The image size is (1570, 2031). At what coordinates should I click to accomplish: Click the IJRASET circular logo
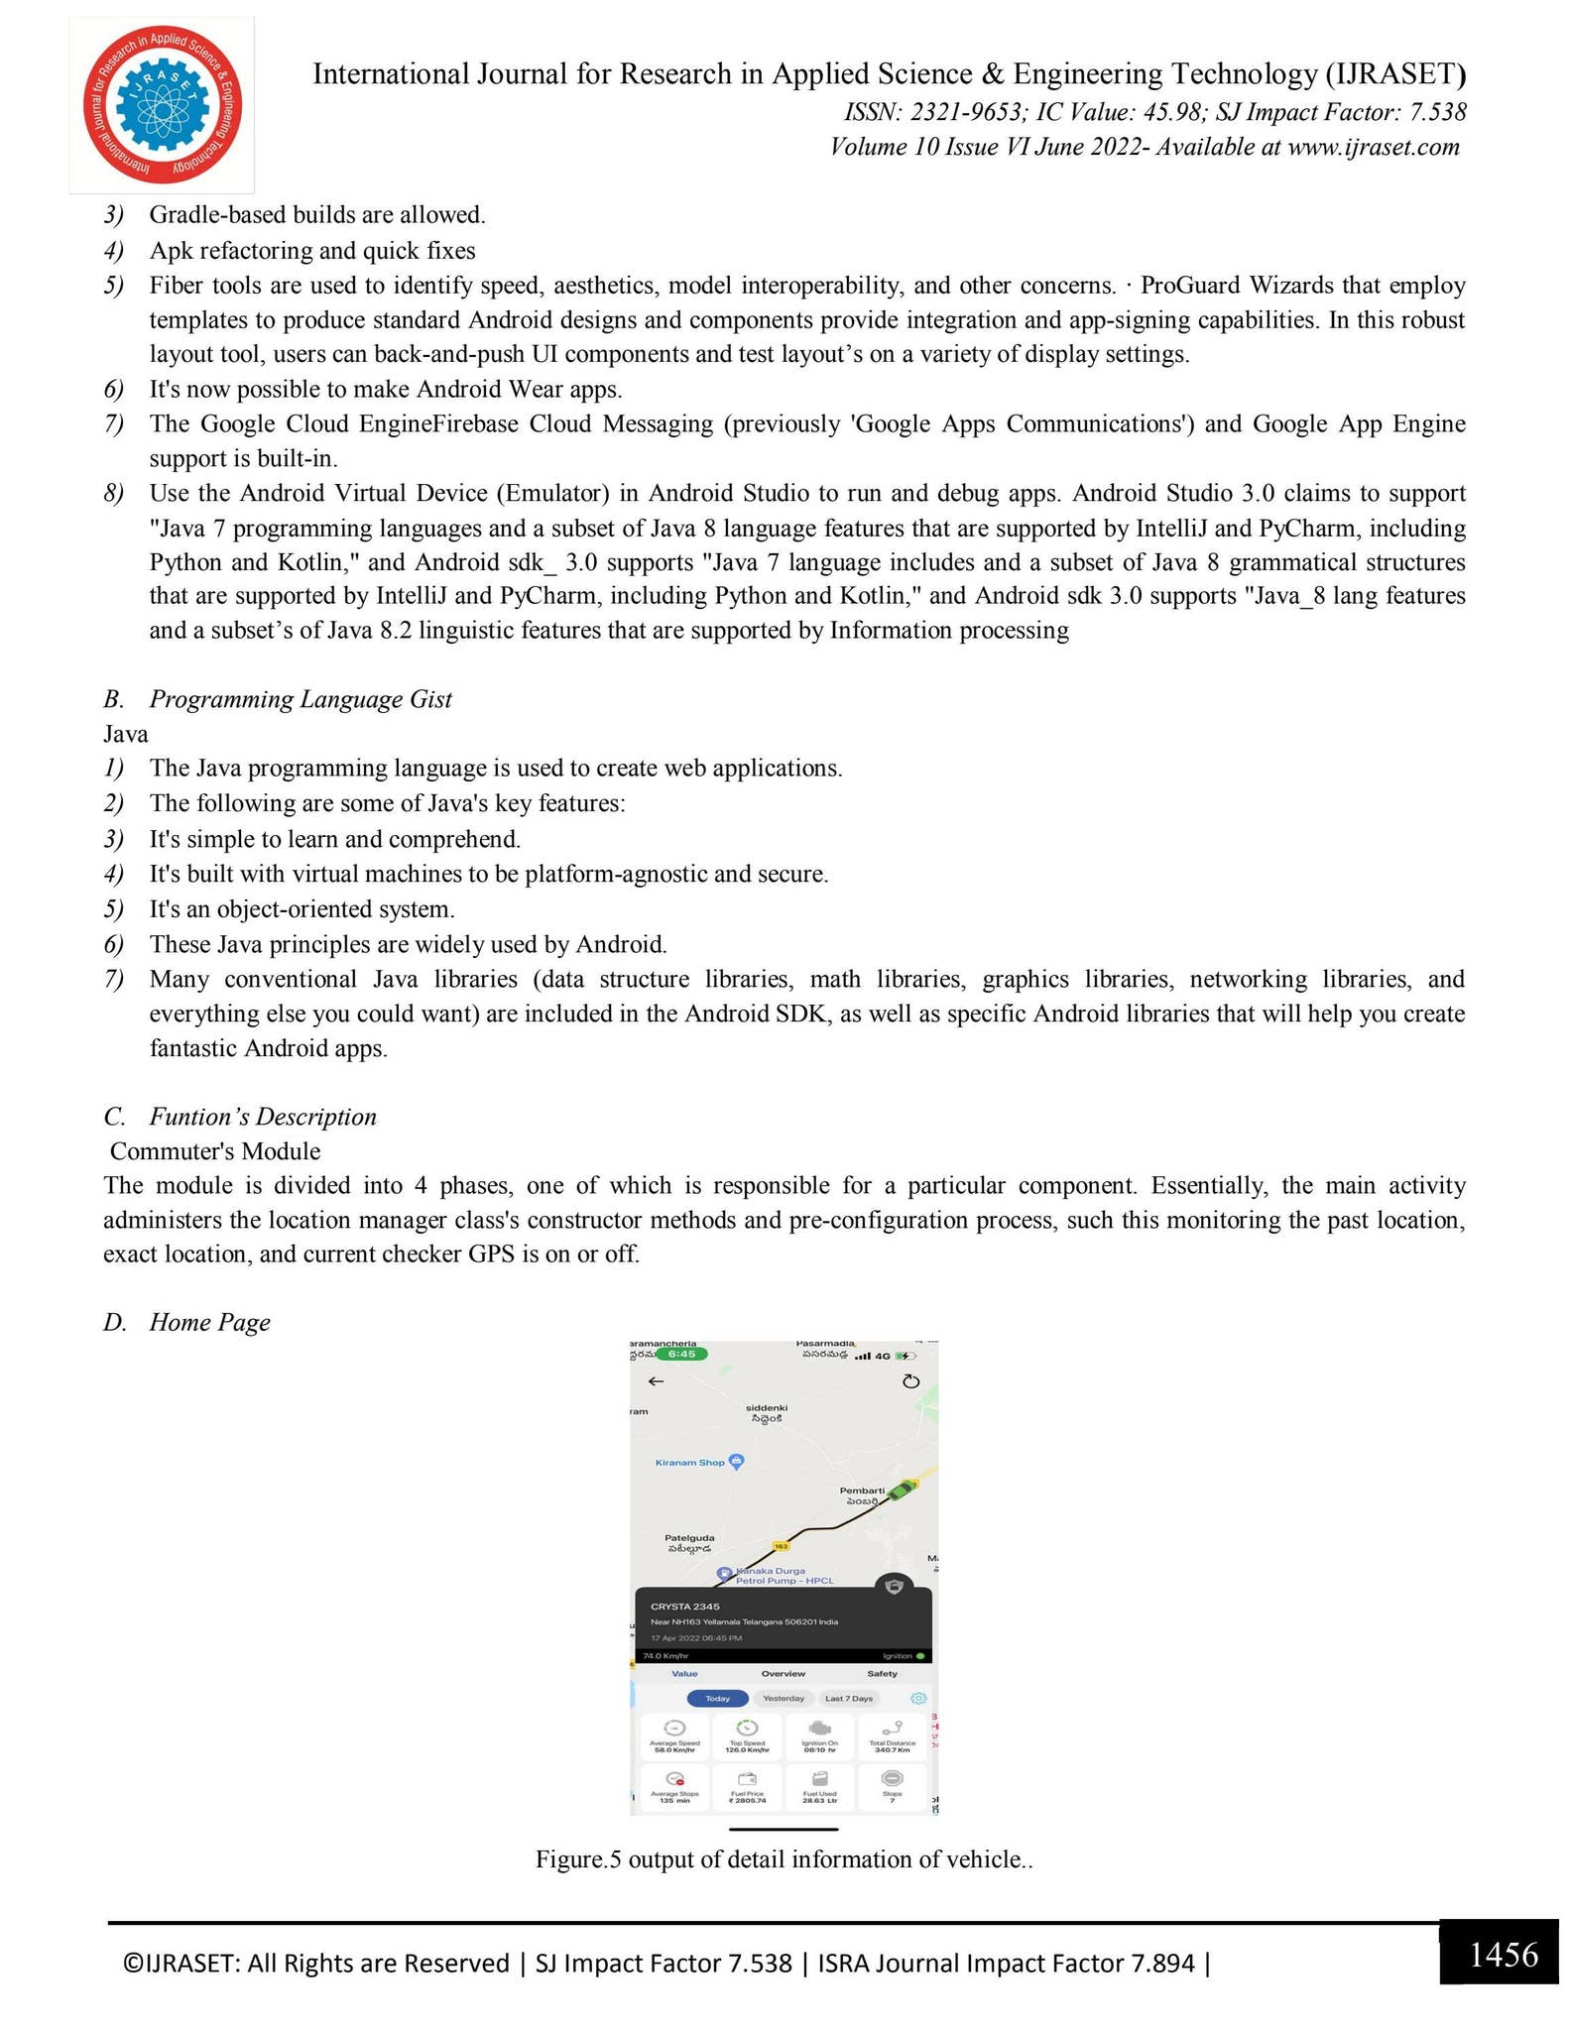click(162, 104)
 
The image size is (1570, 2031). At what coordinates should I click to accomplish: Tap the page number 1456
click(1503, 1955)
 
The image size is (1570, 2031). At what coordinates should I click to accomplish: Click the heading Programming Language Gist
click(300, 699)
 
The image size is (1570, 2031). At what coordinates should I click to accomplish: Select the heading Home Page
click(209, 1322)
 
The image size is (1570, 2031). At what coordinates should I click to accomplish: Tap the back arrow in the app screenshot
click(656, 1381)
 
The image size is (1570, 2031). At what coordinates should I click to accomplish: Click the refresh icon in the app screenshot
click(910, 1381)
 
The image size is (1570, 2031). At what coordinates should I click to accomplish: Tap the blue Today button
click(717, 1699)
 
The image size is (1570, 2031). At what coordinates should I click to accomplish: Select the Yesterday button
click(784, 1699)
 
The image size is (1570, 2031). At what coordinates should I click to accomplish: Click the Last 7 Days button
click(849, 1699)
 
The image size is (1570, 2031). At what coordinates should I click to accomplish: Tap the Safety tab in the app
click(882, 1674)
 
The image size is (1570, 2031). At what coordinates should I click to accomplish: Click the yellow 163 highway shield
click(781, 1546)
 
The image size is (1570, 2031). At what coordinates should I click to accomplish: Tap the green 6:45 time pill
click(681, 1354)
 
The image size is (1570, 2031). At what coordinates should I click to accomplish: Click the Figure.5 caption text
click(784, 1859)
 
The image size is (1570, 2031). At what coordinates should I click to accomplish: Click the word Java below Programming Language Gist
click(126, 734)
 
